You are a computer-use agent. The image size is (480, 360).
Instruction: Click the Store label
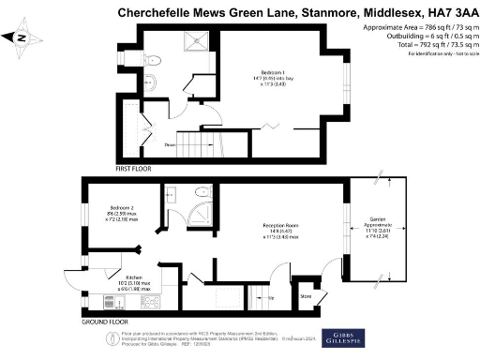pos(305,298)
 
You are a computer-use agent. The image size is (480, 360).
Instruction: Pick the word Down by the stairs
pos(170,145)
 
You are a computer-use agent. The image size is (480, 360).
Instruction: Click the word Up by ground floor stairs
pos(271,297)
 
